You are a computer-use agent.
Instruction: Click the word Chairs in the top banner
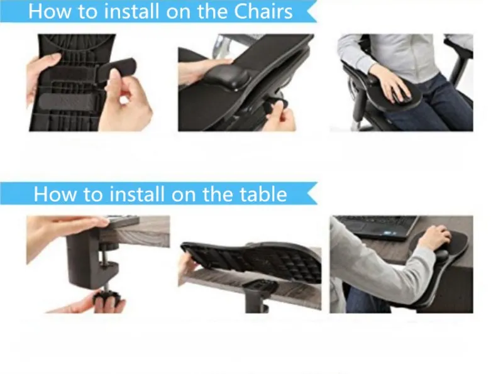263,11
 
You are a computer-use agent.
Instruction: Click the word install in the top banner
132,11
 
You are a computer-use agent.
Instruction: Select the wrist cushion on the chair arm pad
228,78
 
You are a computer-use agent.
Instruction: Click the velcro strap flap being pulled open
117,68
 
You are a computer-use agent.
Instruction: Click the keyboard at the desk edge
123,221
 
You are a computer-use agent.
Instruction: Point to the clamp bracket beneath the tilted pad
259,295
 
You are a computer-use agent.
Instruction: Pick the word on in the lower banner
184,195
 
